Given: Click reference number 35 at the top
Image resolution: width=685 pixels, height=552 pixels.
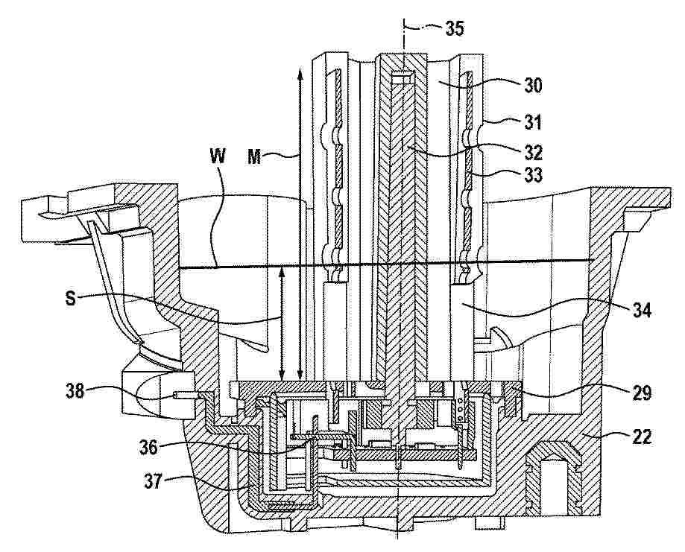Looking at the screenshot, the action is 455,28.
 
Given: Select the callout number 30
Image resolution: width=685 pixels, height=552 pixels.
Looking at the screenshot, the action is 532,86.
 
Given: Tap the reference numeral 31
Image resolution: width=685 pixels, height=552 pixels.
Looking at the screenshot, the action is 533,122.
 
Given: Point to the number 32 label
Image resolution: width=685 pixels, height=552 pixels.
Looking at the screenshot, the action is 533,153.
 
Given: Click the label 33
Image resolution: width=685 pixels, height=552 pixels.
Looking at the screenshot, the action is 533,176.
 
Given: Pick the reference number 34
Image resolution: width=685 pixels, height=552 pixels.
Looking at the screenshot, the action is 641,311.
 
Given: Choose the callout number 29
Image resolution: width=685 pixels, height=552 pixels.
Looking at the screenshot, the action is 641,393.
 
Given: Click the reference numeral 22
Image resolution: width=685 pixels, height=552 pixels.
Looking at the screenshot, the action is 641,437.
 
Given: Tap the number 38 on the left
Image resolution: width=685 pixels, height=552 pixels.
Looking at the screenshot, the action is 75,391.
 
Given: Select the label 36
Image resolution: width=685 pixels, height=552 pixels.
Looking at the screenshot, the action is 148,448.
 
